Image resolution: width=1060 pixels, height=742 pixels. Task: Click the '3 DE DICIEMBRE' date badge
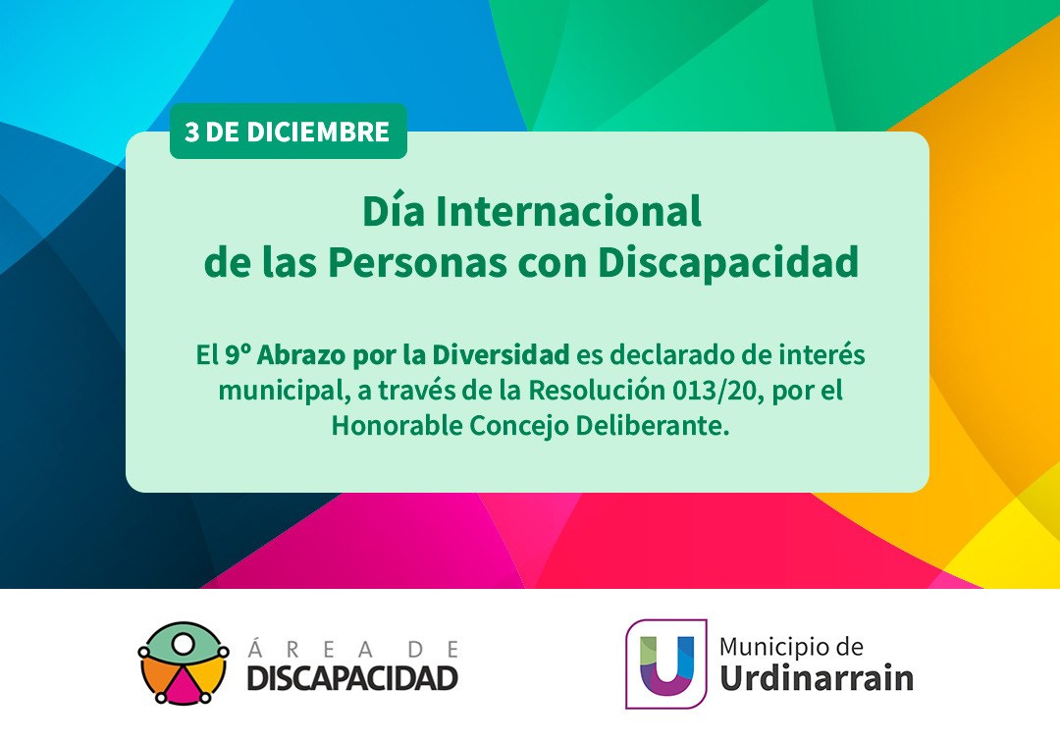click(288, 132)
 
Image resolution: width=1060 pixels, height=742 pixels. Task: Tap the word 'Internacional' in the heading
click(568, 212)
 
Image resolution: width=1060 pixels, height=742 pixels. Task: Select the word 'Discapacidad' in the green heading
click(728, 262)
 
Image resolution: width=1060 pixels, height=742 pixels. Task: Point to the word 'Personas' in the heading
click(417, 262)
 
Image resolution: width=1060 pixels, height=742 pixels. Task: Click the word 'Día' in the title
click(394, 212)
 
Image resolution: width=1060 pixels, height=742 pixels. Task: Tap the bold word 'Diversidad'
click(501, 354)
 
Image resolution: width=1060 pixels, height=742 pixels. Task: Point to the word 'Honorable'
click(397, 426)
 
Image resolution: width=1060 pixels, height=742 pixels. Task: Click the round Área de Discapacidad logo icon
click(183, 662)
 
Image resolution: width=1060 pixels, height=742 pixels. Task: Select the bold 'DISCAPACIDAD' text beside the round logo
click(352, 678)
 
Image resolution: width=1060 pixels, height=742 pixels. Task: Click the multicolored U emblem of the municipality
click(665, 663)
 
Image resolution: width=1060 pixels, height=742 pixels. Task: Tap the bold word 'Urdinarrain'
click(817, 678)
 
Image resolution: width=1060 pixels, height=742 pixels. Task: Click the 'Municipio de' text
click(791, 648)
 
